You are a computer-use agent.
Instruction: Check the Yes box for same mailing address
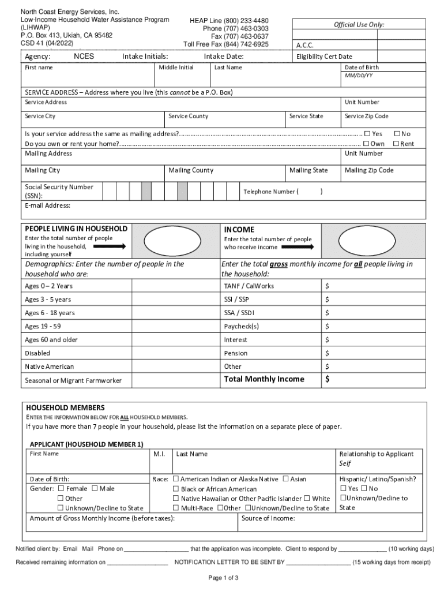367,133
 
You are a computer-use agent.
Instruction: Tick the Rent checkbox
396,144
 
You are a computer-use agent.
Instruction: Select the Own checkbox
367,144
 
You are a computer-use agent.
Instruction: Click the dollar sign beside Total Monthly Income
328,379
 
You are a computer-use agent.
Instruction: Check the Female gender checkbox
61,489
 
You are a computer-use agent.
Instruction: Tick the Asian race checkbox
285,479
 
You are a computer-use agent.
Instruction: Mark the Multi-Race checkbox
176,508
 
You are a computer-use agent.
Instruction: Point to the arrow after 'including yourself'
109,246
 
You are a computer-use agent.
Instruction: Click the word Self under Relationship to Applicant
345,463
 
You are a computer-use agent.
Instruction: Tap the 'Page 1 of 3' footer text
223,578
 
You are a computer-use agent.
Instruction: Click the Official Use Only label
359,25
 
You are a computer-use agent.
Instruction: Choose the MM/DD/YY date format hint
359,76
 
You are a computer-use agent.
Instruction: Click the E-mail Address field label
48,205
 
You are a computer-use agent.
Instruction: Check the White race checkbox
307,498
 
